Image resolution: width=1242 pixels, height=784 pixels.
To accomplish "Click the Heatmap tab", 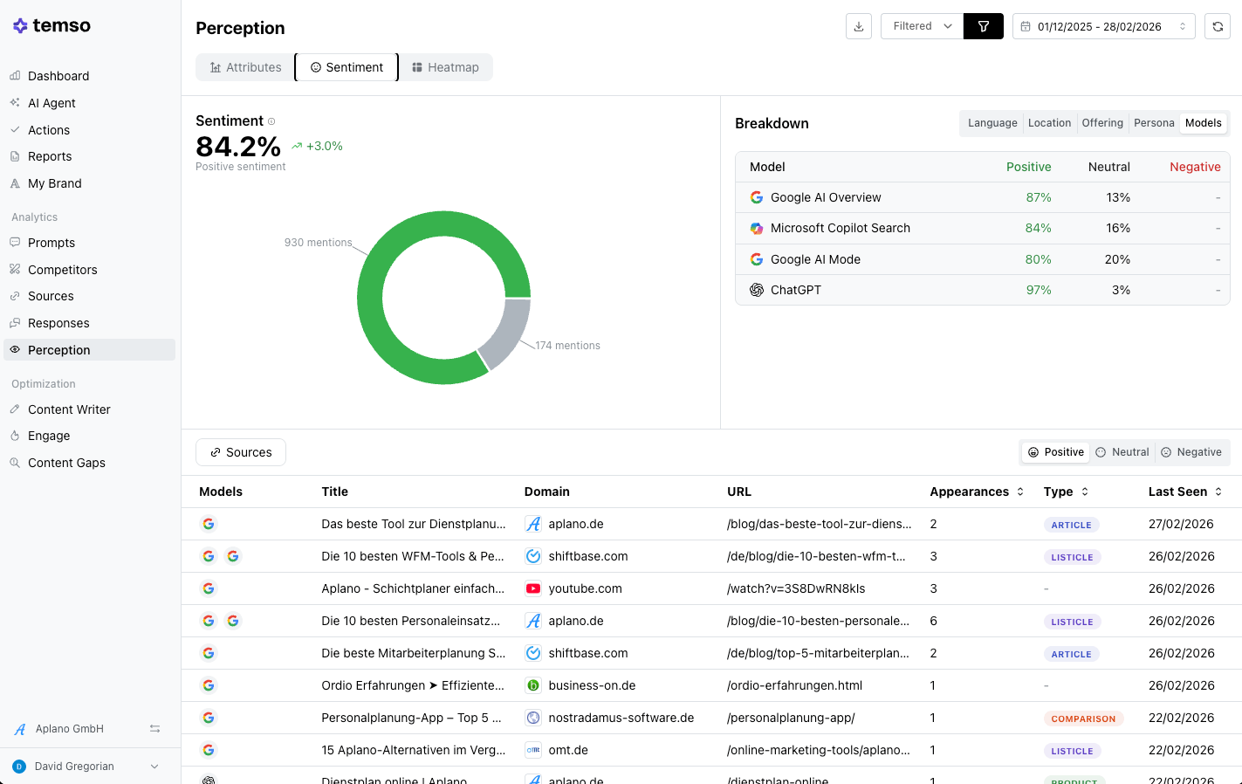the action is tap(445, 67).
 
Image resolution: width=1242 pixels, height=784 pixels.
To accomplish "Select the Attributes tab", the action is tap(245, 67).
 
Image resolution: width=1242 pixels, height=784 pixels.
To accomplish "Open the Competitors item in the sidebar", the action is tap(62, 270).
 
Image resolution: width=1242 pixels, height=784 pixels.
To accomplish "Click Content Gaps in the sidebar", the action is tap(66, 463).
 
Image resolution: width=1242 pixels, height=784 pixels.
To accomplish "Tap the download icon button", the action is tap(858, 26).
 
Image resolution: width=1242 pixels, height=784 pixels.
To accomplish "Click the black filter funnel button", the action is tap(983, 26).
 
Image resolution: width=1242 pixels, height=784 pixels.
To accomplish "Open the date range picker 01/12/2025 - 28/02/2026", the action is tap(1103, 26).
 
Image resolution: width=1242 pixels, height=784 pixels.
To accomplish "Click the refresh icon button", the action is tap(1218, 26).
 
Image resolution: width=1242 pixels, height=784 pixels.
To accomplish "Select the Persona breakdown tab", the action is tap(1154, 122).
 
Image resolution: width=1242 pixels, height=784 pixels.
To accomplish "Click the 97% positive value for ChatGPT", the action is tap(1039, 290).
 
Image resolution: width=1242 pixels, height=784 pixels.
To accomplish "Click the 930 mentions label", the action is tap(318, 243).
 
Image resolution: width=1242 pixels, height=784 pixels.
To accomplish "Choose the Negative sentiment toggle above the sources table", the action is tap(1191, 452).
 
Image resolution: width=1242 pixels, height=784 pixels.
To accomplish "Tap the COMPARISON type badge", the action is tap(1083, 719).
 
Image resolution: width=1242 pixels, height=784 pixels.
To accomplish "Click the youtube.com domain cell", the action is tap(585, 588).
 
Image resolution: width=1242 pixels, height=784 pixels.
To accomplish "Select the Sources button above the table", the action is tap(241, 452).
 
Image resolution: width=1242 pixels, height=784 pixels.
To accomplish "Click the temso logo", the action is tap(51, 25).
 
